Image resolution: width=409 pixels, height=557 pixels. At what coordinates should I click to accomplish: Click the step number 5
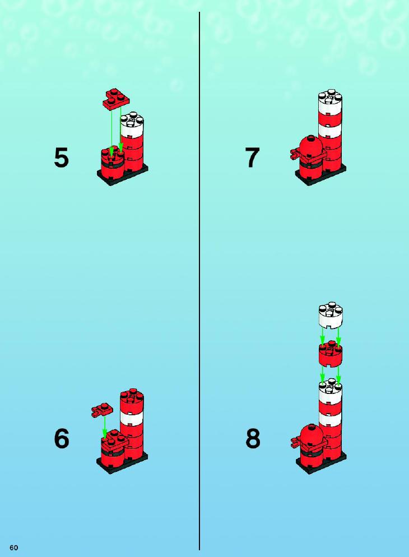click(x=61, y=157)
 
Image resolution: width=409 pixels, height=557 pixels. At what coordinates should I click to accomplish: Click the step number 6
click(x=61, y=439)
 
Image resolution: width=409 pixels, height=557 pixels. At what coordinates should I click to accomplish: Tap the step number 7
click(x=253, y=157)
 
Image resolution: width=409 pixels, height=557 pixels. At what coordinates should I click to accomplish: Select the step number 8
click(x=253, y=439)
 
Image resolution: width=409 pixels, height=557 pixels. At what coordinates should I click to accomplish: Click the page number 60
click(x=14, y=547)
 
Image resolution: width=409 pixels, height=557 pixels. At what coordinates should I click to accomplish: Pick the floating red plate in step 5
click(x=116, y=98)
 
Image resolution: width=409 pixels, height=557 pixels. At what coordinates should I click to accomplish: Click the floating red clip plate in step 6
click(x=102, y=410)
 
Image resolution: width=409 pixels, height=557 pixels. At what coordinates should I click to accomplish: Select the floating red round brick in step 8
click(x=331, y=354)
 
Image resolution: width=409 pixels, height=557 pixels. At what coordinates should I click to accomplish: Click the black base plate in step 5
click(x=123, y=175)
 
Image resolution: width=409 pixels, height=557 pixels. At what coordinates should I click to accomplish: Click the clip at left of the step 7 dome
click(x=295, y=154)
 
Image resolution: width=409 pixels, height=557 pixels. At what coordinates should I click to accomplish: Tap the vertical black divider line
click(x=199, y=281)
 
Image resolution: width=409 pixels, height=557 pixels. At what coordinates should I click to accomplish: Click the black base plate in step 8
click(x=321, y=463)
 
